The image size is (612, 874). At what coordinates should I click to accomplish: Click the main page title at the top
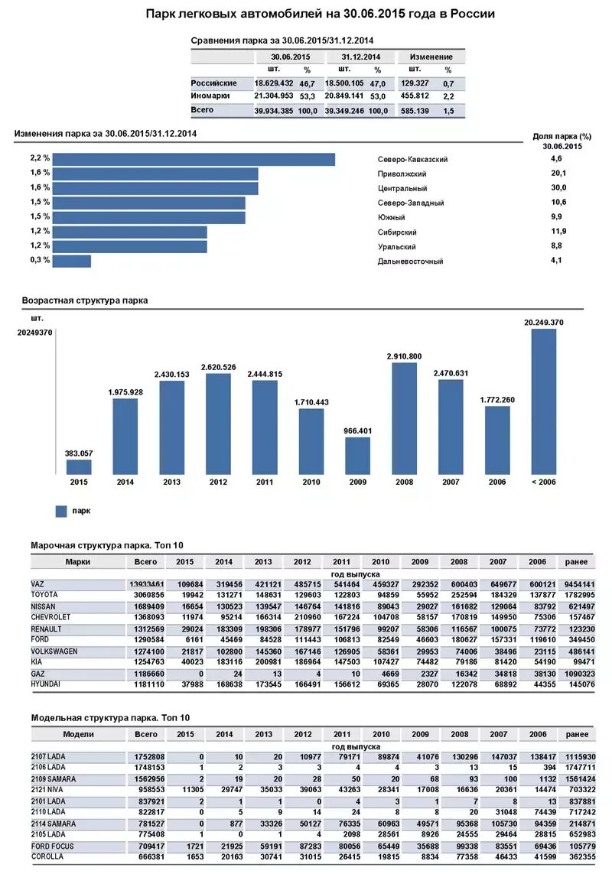tap(320, 14)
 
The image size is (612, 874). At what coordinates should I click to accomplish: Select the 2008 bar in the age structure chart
tap(405, 418)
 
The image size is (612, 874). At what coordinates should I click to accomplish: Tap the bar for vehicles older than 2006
tap(544, 401)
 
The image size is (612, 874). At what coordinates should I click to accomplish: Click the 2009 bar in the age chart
tap(358, 456)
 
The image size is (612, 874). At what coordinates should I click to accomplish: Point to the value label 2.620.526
tap(218, 368)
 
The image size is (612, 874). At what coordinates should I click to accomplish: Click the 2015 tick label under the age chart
tap(79, 482)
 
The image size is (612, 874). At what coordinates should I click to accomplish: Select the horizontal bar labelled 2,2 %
tap(195, 159)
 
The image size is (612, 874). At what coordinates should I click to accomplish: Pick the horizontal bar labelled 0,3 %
tap(73, 261)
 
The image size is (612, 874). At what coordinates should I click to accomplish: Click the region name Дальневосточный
tap(410, 262)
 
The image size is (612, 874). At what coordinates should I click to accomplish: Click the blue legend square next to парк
tap(61, 511)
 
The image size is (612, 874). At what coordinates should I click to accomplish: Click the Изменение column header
tap(431, 57)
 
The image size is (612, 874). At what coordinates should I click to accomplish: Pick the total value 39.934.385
tap(274, 111)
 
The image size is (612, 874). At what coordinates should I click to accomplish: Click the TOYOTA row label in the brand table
tap(45, 594)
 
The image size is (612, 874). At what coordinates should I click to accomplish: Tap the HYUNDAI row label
tap(46, 684)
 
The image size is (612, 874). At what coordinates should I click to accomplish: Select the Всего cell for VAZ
tap(146, 584)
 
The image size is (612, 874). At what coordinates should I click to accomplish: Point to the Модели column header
tap(78, 734)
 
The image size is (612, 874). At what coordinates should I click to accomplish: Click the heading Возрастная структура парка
tap(84, 301)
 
